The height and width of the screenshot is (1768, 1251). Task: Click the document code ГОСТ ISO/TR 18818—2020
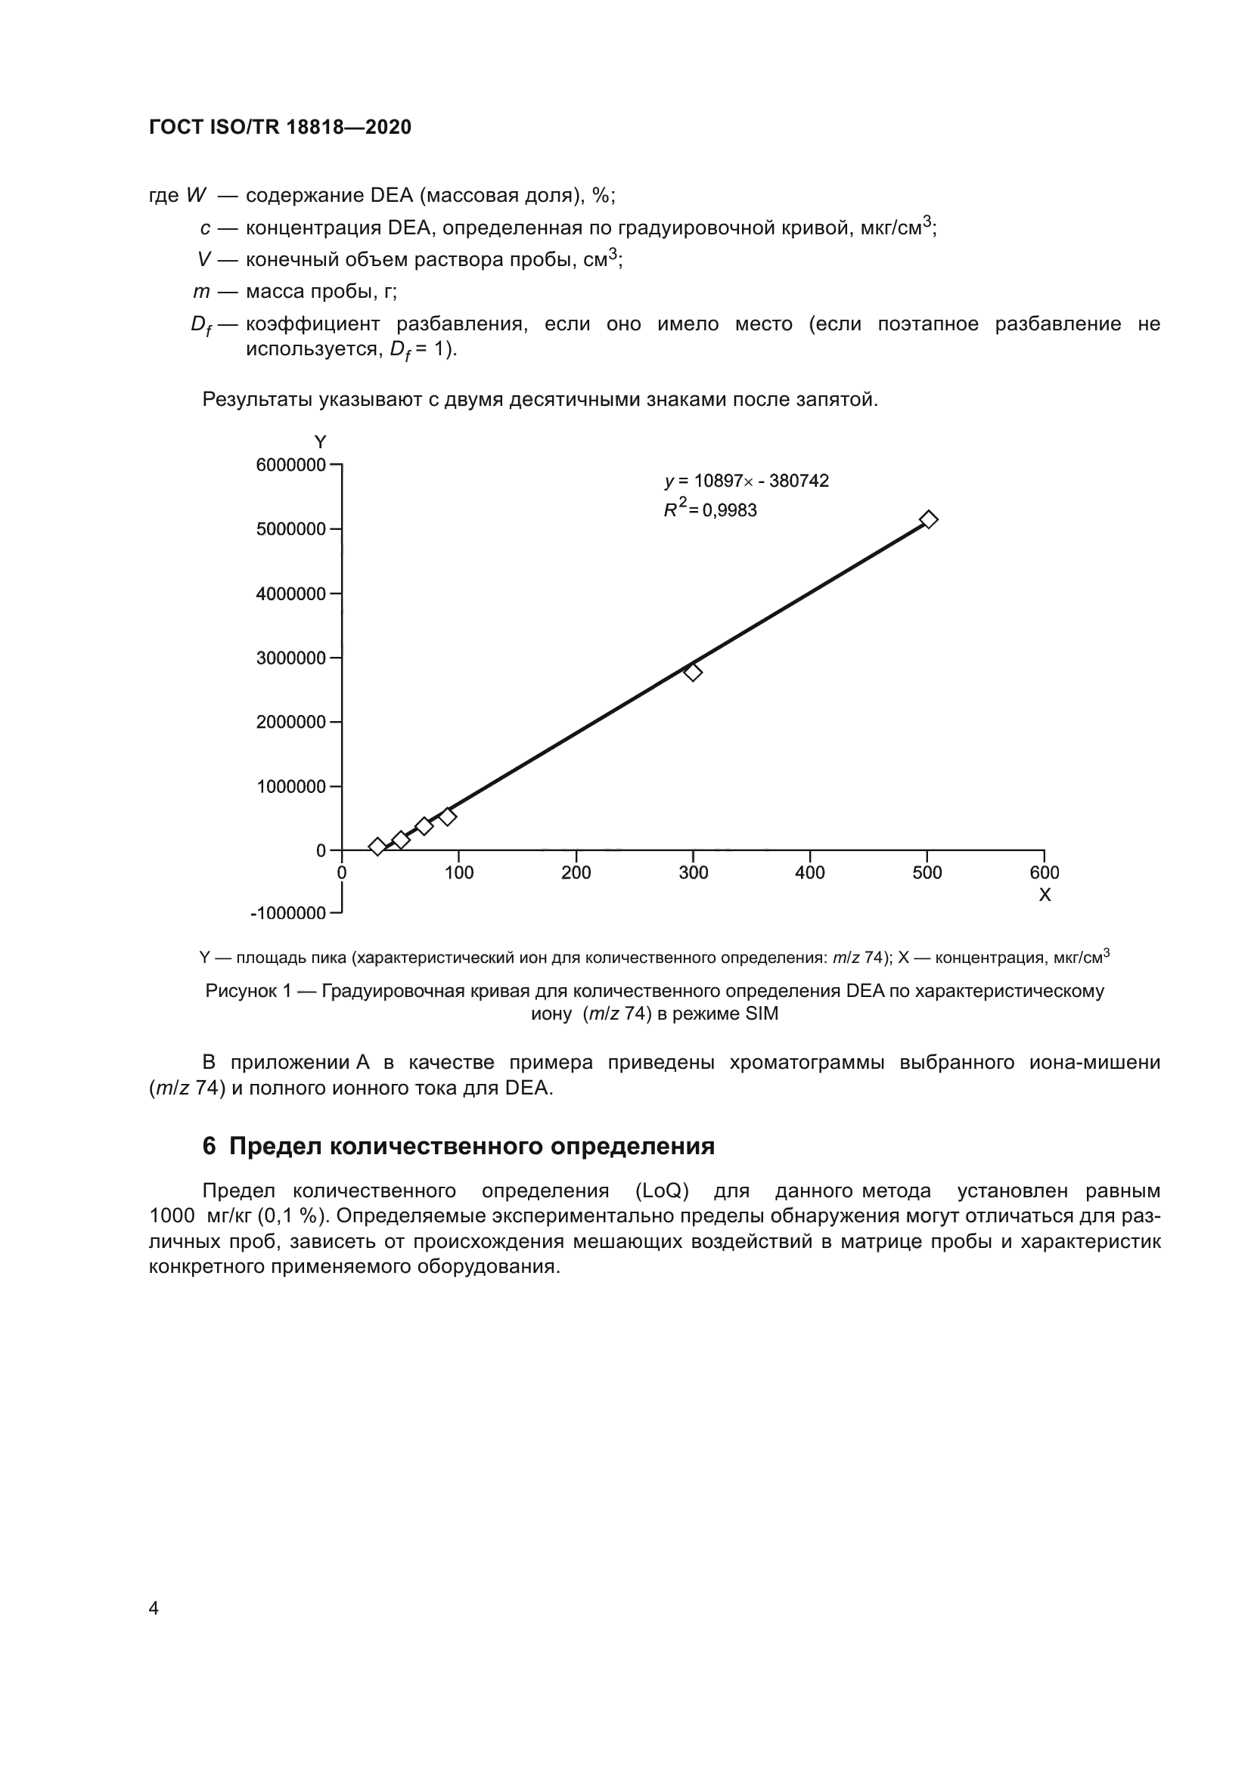coord(280,128)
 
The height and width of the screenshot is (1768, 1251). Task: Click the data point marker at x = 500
coord(929,520)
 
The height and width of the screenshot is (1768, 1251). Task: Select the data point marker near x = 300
coord(693,672)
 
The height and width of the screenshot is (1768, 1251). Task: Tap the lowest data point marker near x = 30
coord(377,847)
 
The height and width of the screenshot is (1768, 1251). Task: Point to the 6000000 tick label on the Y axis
coord(290,465)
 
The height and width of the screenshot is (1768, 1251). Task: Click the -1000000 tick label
coord(288,913)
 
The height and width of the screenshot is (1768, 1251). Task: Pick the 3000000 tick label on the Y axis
coord(290,658)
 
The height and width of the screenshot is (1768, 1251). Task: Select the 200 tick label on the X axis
coord(576,872)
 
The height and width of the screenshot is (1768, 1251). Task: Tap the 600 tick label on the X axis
coord(1044,872)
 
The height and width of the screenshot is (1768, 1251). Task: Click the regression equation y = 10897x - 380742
coord(747,481)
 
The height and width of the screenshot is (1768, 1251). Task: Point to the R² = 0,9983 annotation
coord(710,509)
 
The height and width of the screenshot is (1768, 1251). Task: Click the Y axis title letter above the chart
coord(321,442)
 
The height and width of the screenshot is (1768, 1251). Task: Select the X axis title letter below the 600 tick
coord(1045,895)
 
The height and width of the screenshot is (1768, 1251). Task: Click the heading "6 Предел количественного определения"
coord(458,1147)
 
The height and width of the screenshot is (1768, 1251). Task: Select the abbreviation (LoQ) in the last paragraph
coord(662,1191)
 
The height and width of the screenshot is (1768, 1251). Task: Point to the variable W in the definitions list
coord(197,196)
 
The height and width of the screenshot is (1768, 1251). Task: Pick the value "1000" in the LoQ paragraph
coord(171,1217)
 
